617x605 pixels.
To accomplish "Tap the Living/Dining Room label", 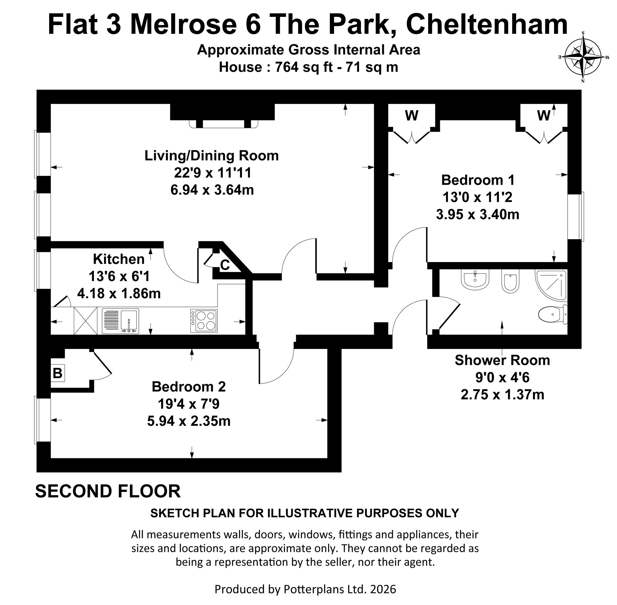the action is click(211, 156).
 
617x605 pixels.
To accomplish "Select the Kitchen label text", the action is click(119, 259).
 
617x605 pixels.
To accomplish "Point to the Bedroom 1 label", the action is click(478, 180).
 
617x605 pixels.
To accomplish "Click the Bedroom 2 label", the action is click(189, 387).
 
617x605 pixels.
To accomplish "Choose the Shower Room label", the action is click(502, 360).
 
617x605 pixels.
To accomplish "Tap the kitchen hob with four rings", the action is click(204, 321).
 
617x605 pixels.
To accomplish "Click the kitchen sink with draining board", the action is click(121, 321).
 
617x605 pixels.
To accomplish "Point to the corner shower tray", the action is click(551, 285).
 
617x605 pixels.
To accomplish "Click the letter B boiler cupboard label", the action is click(58, 373).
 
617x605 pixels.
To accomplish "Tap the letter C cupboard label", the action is click(225, 265).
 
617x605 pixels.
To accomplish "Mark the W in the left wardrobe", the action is click(412, 116).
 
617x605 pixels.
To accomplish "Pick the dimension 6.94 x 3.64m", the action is click(212, 190).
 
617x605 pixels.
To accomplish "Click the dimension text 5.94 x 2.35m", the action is click(189, 421).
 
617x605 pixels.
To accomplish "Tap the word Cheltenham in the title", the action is click(487, 24).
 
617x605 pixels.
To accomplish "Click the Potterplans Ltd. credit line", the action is click(305, 589).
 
